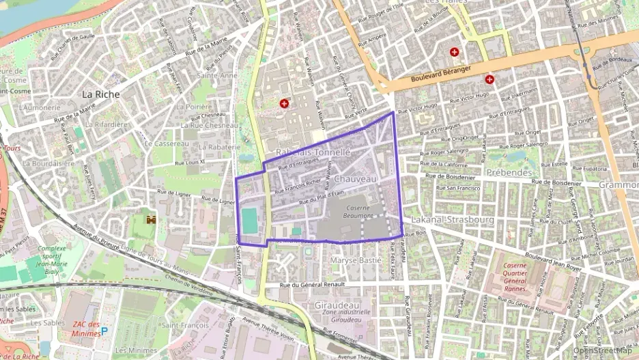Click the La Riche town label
100,94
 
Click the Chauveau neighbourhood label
356,178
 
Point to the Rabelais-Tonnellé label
313,152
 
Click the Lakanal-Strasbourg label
453,220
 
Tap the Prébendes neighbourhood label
509,173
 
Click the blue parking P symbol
104,331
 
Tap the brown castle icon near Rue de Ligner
152,220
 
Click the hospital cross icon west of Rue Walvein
284,103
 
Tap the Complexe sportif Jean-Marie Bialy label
43,260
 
